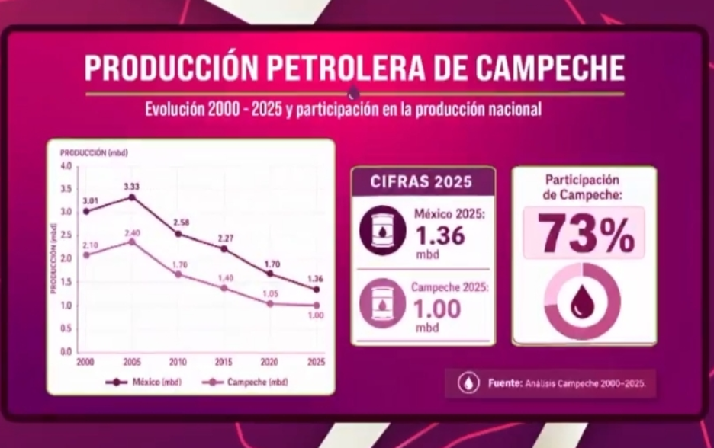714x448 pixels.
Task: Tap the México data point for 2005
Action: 132,197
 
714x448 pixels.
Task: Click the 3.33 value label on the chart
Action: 131,186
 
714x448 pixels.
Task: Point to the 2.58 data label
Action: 180,222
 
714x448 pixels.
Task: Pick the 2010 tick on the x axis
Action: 178,362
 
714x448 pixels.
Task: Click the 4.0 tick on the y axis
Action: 66,166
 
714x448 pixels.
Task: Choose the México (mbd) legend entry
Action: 145,382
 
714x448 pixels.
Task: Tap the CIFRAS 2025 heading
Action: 422,182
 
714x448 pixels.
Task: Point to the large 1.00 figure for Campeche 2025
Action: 437,309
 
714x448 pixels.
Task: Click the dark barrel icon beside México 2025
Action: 381,231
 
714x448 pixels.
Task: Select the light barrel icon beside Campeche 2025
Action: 381,303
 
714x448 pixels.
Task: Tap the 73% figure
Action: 584,233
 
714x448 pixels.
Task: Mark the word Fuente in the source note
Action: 505,383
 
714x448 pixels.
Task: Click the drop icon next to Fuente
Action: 468,383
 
